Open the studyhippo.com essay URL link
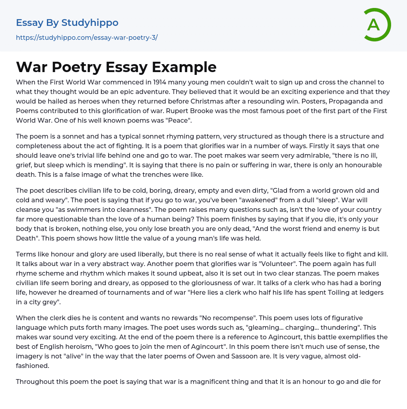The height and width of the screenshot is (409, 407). click(x=87, y=37)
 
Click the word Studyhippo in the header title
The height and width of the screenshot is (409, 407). click(x=90, y=23)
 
